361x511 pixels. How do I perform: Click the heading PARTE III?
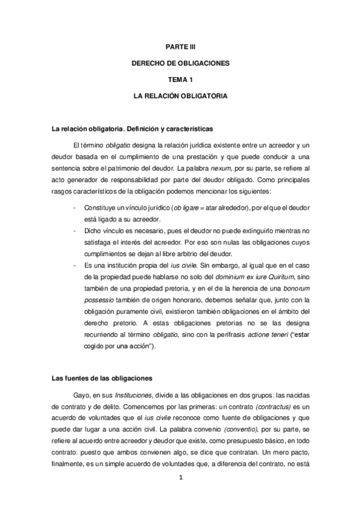point(180,46)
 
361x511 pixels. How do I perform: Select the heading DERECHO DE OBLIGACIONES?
point(180,63)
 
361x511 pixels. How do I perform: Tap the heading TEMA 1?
point(180,80)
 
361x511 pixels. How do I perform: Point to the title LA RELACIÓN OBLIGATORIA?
point(180,96)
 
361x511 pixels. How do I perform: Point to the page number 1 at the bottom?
point(180,477)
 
